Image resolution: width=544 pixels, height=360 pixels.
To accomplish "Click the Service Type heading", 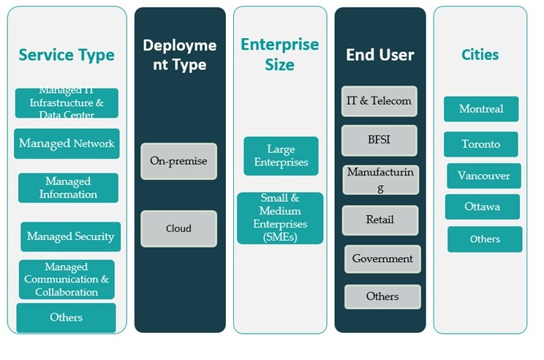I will coord(67,55).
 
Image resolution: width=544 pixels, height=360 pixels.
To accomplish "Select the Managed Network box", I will coord(67,143).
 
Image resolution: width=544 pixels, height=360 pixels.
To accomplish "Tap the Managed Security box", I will coord(70,236).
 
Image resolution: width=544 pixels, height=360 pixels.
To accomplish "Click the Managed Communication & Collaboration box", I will coord(67,280).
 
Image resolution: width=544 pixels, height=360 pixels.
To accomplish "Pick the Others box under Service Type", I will coord(66,318).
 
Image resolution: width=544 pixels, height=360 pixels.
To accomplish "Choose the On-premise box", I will coord(178,161).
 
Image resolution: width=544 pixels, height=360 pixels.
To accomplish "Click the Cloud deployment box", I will coord(178,228).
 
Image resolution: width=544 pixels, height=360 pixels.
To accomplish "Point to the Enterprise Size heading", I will coord(280,55).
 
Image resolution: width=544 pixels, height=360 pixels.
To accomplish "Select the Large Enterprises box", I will coord(281,156).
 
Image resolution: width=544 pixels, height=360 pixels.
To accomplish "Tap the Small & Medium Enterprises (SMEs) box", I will coord(280,218).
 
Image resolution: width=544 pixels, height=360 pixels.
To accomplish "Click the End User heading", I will coord(379,55).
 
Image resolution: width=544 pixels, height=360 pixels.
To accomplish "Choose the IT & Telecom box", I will coord(379,101).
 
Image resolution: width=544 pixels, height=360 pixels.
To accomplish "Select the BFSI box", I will coord(379,140).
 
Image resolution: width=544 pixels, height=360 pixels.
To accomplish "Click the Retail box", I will coord(380,220).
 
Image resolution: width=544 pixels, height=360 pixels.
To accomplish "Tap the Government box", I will coord(382,258).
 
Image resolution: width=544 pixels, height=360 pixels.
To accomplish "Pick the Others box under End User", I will coord(382,296).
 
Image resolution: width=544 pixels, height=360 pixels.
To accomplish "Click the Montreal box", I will coord(481,109).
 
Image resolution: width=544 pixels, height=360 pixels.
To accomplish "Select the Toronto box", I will coord(480,144).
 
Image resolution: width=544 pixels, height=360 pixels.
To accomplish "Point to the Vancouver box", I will coord(483,176).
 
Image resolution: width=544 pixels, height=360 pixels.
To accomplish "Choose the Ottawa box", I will coord(482,206).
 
